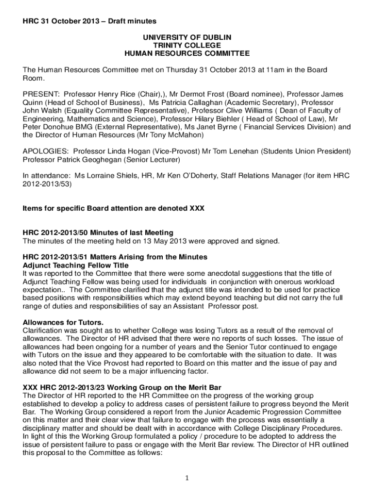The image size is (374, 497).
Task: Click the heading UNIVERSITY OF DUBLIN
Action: pyautogui.click(x=187, y=37)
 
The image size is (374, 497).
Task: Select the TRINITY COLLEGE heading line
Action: pyautogui.click(x=187, y=45)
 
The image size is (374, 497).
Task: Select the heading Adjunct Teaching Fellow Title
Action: pyautogui.click(x=76, y=265)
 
